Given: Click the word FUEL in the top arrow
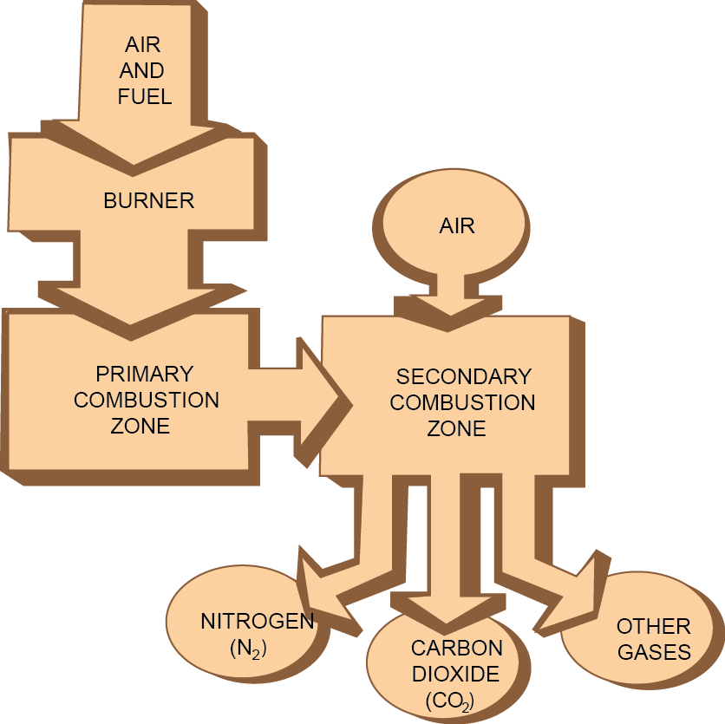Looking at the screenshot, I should [x=145, y=96].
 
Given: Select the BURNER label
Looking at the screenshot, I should [x=149, y=201].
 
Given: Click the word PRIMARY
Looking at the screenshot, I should [x=145, y=375].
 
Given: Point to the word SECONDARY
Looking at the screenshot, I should [x=463, y=377].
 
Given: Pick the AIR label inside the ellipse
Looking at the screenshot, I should [x=457, y=226].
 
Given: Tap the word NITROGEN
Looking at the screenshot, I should [x=258, y=622].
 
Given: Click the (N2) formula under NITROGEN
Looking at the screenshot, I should [x=247, y=649].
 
